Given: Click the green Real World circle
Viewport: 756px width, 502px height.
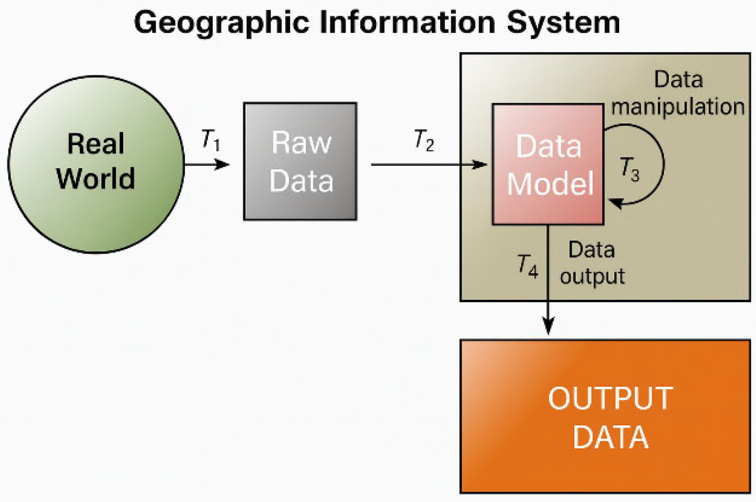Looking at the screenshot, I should [x=96, y=164].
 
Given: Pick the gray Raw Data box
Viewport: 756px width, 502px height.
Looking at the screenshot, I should [x=300, y=161].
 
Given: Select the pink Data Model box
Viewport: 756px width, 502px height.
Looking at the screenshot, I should [x=548, y=164].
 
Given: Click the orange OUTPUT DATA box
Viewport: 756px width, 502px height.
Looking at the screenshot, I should [x=605, y=416].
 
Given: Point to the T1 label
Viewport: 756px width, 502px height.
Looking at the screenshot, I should [x=210, y=140].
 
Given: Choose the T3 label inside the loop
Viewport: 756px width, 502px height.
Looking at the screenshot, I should [x=630, y=169].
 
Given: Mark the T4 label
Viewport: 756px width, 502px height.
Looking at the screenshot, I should [x=527, y=266].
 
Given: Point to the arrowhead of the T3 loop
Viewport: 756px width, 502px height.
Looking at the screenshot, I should [x=615, y=202].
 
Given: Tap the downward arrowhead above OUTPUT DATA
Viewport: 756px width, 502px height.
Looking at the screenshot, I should [x=548, y=326].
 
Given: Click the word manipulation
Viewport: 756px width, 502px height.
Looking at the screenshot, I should [x=678, y=107].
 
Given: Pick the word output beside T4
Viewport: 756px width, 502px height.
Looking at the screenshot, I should [x=592, y=277].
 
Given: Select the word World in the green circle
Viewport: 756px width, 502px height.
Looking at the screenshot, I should [x=95, y=178].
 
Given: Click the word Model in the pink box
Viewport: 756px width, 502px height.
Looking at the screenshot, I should [x=550, y=184].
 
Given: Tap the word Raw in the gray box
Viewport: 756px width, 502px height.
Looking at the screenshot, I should [x=301, y=143].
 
